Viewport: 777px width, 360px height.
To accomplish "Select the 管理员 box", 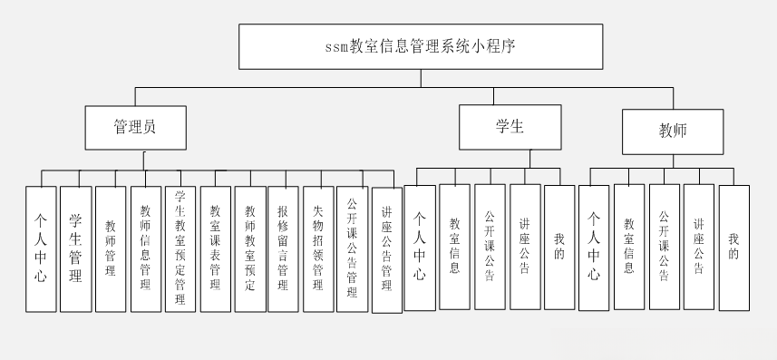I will coord(135,127).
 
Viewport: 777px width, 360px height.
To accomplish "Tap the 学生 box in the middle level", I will coord(510,127).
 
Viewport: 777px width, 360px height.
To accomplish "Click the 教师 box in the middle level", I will coord(672,131).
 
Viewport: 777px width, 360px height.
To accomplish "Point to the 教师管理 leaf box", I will coord(110,248).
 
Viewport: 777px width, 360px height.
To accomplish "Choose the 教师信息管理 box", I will coord(145,248).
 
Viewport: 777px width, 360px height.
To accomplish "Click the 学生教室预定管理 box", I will coord(180,248).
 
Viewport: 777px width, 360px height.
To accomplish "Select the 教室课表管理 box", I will coord(215,248).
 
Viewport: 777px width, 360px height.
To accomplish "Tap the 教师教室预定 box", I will coord(249,248).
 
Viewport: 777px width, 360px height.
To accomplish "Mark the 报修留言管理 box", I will coord(283,248).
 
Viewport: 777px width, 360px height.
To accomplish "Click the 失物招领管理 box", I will coord(317,248).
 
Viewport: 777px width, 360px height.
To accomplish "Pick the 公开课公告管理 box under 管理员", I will coord(352,248).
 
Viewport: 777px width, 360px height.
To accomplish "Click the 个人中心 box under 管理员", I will coord(41,248).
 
